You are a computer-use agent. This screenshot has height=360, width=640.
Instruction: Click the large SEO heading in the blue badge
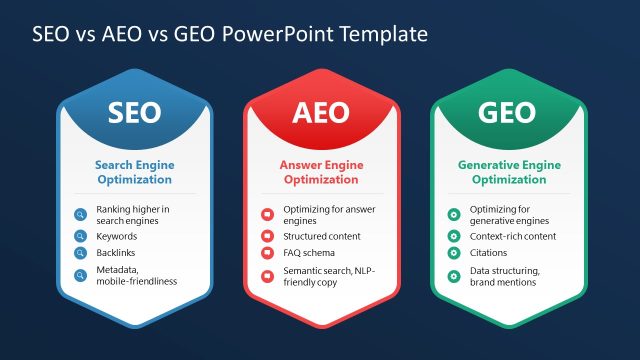pyautogui.click(x=133, y=112)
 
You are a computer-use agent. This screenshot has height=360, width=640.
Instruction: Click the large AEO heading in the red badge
pyautogui.click(x=320, y=112)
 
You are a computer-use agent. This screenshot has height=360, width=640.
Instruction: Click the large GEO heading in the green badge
pyautogui.click(x=507, y=112)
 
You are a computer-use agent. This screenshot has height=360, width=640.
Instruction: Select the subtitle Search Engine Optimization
pyautogui.click(x=133, y=172)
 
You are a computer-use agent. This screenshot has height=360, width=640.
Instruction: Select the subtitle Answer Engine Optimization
pyautogui.click(x=320, y=172)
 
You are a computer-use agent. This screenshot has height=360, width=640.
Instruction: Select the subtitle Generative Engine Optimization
pyautogui.click(x=508, y=172)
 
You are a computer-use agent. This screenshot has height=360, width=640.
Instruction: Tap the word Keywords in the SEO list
pyautogui.click(x=117, y=236)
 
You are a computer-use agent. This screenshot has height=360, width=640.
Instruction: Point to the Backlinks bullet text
pyautogui.click(x=117, y=253)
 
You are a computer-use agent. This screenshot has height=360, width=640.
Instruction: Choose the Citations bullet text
pyautogui.click(x=489, y=253)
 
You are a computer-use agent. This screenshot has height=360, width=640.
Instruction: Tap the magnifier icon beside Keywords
pyautogui.click(x=80, y=236)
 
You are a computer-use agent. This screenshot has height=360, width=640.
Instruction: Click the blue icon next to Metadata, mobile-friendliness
pyautogui.click(x=80, y=275)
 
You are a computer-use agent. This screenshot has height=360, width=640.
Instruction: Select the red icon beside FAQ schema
pyautogui.click(x=267, y=253)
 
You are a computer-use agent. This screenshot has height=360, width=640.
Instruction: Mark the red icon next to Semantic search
pyautogui.click(x=267, y=275)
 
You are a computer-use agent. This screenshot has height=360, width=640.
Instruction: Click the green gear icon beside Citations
pyautogui.click(x=454, y=253)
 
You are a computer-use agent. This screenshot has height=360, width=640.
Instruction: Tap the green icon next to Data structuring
pyautogui.click(x=454, y=275)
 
